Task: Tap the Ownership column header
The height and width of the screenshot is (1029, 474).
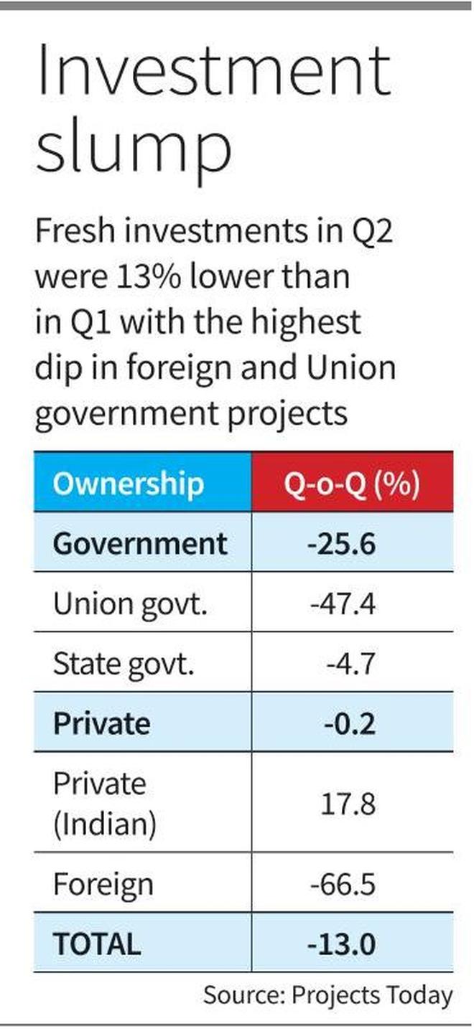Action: (128, 484)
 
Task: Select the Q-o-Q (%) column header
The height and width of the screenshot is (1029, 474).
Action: (352, 484)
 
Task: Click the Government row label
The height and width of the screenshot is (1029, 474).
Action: (140, 542)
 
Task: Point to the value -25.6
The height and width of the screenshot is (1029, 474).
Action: (342, 542)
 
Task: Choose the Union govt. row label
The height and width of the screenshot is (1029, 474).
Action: (130, 603)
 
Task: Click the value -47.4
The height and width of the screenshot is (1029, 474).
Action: (343, 603)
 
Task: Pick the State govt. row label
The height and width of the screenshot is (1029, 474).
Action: (124, 664)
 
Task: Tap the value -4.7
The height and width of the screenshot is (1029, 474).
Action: (350, 664)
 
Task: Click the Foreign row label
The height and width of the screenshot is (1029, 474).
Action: (103, 884)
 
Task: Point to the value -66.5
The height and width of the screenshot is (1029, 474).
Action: (343, 884)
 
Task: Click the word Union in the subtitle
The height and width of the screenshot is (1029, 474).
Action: (353, 367)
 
